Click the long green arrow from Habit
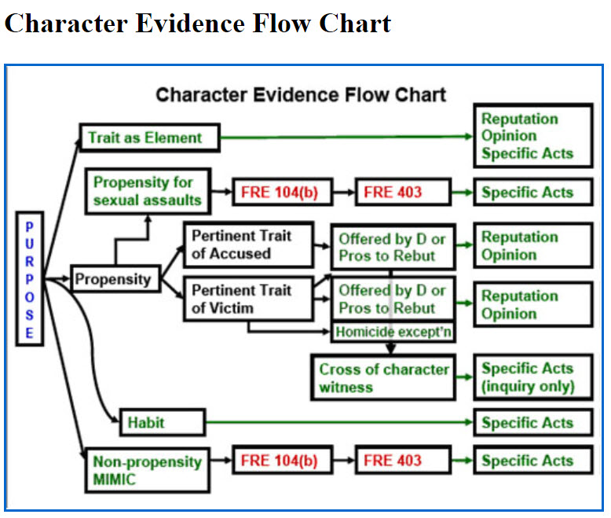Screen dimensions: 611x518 [x=339, y=422]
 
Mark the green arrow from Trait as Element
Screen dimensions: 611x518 [x=347, y=137]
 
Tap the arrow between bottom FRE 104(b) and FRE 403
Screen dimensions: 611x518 [x=344, y=461]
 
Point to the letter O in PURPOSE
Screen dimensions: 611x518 [x=30, y=297]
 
